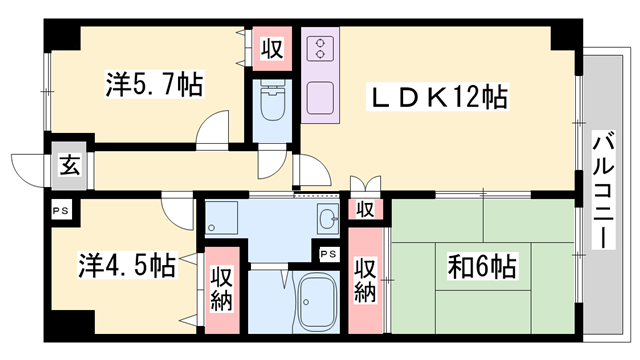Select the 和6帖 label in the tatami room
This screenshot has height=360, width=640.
pyautogui.click(x=483, y=267)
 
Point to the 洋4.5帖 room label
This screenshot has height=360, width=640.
pyautogui.click(x=127, y=266)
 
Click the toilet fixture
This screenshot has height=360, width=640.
pyautogui.click(x=270, y=106)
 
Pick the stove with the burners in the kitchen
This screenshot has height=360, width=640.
pyautogui.click(x=322, y=52)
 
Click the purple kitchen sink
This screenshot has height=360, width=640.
pyautogui.click(x=322, y=98)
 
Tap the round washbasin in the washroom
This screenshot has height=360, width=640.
pyautogui.click(x=326, y=220)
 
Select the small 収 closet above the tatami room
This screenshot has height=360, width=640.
pyautogui.click(x=366, y=210)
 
